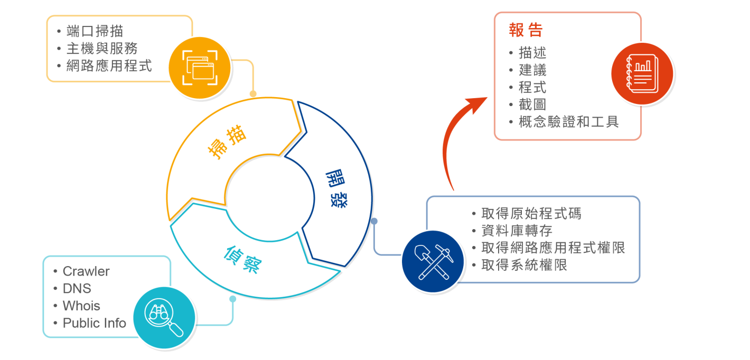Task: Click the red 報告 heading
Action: (526, 31)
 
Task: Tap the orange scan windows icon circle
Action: (200, 68)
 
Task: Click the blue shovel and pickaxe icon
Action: (432, 262)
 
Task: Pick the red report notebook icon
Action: (642, 73)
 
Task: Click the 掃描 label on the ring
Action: (229, 141)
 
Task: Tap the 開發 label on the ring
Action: (337, 190)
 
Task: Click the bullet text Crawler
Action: (86, 271)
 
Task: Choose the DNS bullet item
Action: (77, 289)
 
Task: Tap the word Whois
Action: (81, 306)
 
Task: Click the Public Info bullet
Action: (95, 323)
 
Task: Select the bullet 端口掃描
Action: (95, 31)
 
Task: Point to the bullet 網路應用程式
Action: (109, 66)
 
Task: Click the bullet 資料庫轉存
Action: (517, 231)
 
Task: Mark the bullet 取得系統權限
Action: (524, 265)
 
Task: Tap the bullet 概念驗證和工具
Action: (568, 122)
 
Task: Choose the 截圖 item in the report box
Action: (532, 105)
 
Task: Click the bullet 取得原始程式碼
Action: (531, 214)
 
